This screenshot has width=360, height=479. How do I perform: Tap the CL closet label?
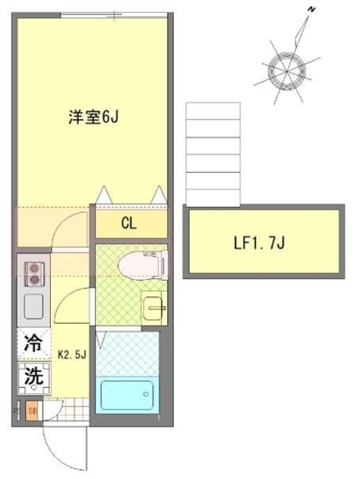pyautogui.click(x=129, y=223)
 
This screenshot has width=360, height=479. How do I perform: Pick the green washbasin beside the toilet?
pyautogui.click(x=153, y=307)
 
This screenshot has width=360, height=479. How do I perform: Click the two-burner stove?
pyautogui.click(x=34, y=275)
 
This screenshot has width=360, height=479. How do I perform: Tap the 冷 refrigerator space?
pyautogui.click(x=34, y=344)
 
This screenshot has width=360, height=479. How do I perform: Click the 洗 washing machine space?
pyautogui.click(x=34, y=376)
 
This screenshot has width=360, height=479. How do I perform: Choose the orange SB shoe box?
pyautogui.click(x=32, y=411)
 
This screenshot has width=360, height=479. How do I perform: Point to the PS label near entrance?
pyautogui.click(x=17, y=411)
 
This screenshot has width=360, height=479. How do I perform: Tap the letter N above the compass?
pyautogui.click(x=311, y=10)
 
